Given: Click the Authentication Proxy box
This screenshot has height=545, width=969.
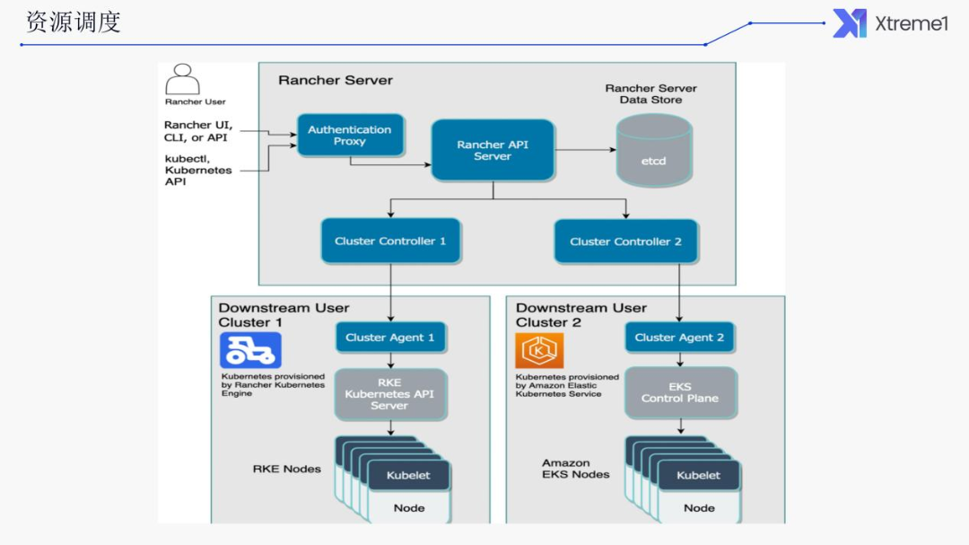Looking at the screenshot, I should tap(350, 136).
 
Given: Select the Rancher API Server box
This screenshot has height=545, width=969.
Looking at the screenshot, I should tap(492, 150).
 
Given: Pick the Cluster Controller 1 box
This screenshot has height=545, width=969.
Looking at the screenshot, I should tap(390, 241).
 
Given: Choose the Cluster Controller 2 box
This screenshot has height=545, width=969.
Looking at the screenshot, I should tap(625, 241).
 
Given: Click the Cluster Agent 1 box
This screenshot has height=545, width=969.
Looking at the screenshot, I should tap(390, 338).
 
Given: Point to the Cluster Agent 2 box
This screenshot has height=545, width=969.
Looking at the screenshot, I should tap(679, 338).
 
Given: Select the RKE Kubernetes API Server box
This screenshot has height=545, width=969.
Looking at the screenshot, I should tap(389, 394).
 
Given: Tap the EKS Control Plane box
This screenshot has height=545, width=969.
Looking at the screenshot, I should tap(679, 391).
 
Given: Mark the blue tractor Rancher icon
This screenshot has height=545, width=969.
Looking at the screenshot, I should tap(238, 350).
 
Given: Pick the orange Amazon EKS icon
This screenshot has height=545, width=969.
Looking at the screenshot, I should tap(539, 350).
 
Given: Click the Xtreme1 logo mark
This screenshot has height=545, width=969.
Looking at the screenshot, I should tap(849, 23).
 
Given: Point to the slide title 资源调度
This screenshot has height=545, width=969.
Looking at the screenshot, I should tap(74, 22).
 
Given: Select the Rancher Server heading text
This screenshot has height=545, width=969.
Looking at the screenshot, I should tap(336, 80).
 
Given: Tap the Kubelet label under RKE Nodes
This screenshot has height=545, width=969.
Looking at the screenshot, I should tap(408, 475).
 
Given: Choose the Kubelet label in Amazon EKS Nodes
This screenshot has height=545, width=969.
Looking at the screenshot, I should tap(699, 475).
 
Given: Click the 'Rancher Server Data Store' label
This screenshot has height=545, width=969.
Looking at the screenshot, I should tap(650, 94).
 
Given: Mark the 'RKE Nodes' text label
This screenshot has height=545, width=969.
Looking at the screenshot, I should tap(286, 469).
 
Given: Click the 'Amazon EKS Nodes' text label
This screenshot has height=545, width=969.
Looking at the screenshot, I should tap(575, 469).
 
